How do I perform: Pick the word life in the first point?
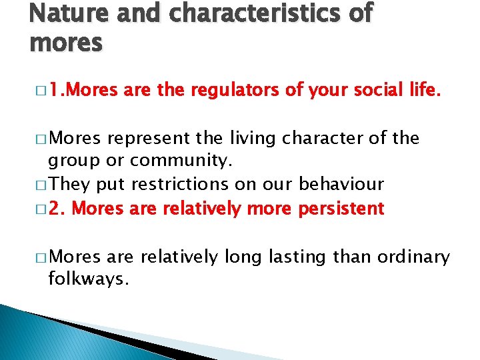tap(423, 91)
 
